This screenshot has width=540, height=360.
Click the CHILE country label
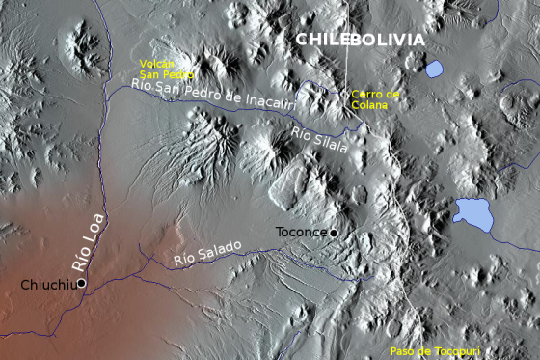(320, 40)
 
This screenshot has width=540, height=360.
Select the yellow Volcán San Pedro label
(166, 69)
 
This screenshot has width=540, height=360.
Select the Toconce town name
(301, 233)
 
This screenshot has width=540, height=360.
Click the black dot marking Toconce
(334, 233)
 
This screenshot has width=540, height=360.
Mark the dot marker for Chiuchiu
(81, 283)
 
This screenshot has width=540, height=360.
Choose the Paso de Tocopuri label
(435, 351)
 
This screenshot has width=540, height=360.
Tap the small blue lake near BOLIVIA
(434, 69)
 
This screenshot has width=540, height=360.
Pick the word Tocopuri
(458, 351)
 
